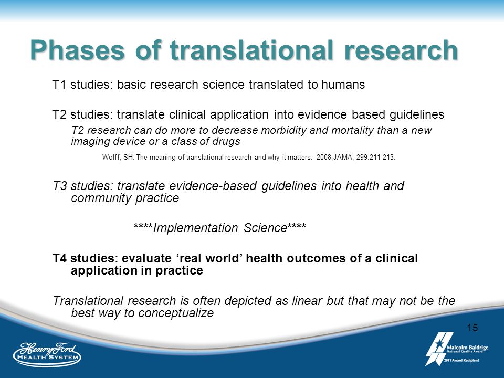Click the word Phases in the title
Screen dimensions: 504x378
click(77, 50)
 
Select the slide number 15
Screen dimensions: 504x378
click(472, 328)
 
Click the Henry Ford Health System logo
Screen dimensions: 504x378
click(47, 354)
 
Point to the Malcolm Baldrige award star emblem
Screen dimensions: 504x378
click(438, 349)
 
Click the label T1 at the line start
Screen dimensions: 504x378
click(59, 85)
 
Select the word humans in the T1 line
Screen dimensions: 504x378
click(343, 85)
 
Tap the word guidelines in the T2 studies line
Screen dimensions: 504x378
click(417, 115)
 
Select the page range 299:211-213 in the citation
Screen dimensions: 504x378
click(375, 157)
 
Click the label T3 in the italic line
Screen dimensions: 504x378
click(60, 186)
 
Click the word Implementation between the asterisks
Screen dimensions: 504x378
click(195, 228)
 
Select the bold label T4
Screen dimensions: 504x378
click(60, 258)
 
